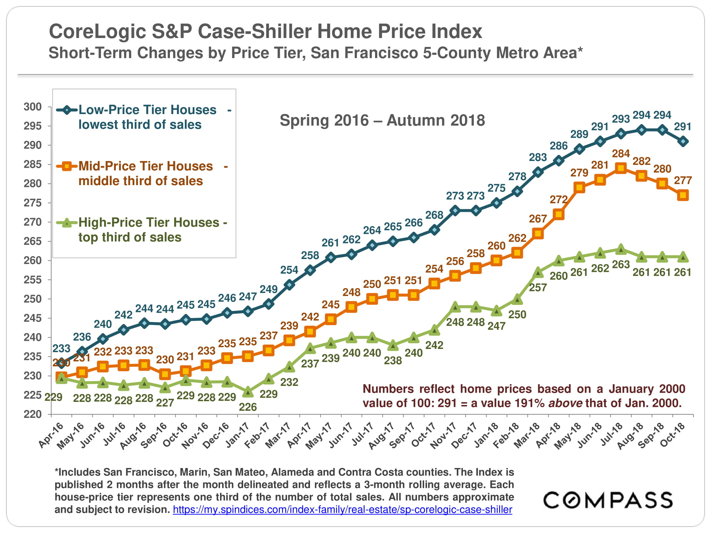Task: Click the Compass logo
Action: (608, 500)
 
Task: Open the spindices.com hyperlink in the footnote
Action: (342, 510)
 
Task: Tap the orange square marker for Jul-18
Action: (621, 168)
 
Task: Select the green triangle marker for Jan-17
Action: (248, 392)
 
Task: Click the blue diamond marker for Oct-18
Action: (683, 141)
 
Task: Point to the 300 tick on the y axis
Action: (33, 107)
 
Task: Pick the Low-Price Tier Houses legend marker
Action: (66, 110)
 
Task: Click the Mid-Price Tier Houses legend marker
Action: (66, 166)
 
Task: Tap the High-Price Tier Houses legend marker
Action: (66, 223)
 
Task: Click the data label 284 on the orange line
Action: (621, 154)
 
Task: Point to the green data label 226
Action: (248, 407)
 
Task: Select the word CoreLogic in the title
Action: (97, 31)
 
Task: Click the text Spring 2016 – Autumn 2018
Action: (382, 120)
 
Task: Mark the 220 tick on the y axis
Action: (33, 414)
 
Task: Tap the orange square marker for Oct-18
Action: (683, 195)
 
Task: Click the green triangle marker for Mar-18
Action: (538, 273)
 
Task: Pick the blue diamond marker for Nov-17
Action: (455, 210)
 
